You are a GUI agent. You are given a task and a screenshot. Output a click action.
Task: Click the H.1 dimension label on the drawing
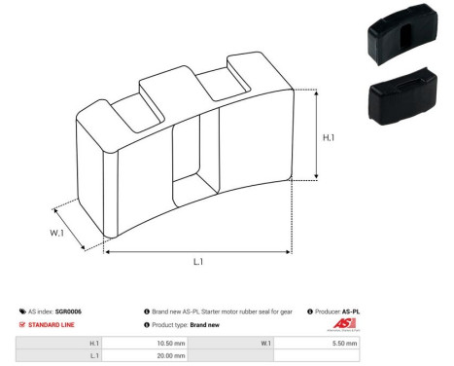click(330, 137)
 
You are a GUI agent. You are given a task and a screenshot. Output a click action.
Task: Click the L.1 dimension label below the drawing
click(197, 262)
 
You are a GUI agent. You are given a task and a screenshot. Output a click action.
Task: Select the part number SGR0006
click(69, 311)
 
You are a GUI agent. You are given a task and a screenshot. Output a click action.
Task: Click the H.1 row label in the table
click(93, 344)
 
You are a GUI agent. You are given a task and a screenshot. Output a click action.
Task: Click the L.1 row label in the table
click(93, 356)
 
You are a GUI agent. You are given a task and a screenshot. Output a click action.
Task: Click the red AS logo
click(345, 324)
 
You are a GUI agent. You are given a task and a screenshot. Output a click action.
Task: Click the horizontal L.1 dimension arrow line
click(197, 251)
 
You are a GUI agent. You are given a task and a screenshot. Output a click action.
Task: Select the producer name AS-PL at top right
click(351, 311)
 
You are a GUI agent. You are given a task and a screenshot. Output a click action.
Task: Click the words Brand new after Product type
click(209, 324)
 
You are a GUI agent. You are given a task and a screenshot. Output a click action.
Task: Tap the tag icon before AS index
click(22, 311)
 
